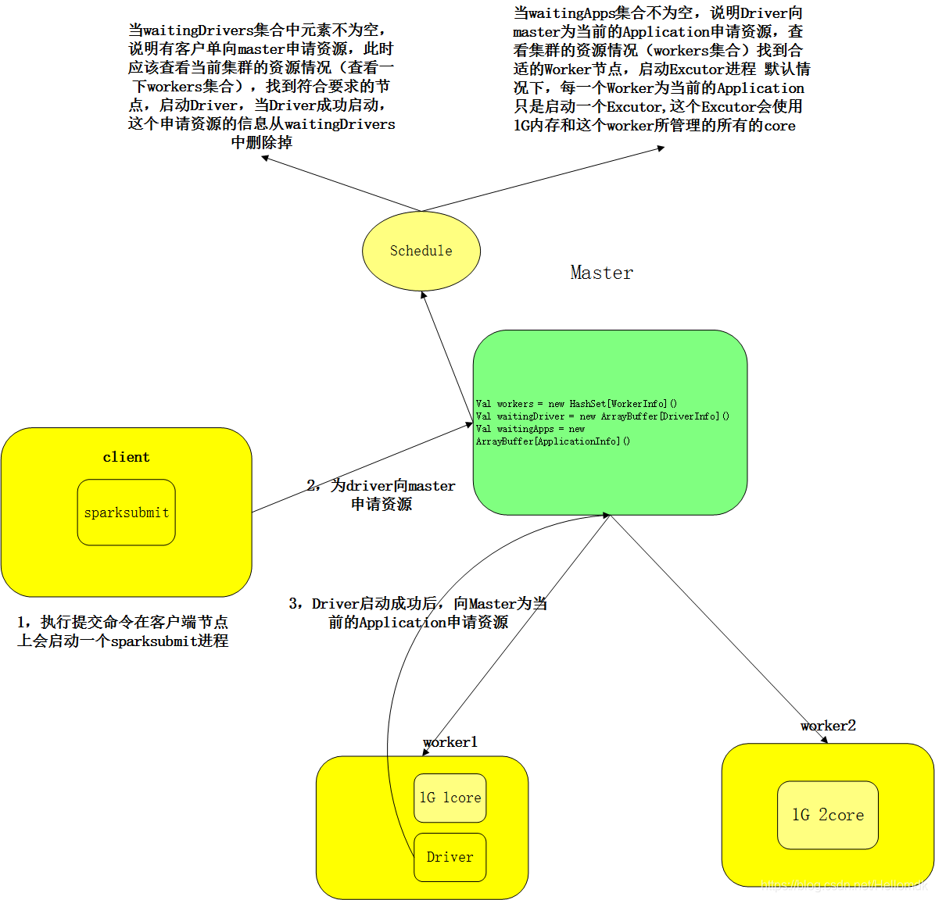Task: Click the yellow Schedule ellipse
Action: tap(421, 251)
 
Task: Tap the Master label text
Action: tap(601, 273)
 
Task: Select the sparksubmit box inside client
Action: tap(126, 512)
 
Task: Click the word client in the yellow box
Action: tap(126, 457)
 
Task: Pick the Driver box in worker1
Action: tap(450, 857)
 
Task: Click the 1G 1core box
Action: tap(450, 798)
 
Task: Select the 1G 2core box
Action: tap(827, 815)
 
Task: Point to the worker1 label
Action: tap(450, 742)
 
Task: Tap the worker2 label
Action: tap(828, 726)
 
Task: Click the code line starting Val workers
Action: tap(576, 404)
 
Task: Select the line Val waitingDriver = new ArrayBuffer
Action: tap(602, 416)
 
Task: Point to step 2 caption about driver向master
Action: tap(381, 495)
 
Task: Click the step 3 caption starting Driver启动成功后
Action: tap(417, 612)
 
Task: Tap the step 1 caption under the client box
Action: tap(123, 631)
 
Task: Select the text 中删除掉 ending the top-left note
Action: tap(262, 143)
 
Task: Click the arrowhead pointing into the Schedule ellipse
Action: tap(424, 295)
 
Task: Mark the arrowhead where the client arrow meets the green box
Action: tap(469, 425)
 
